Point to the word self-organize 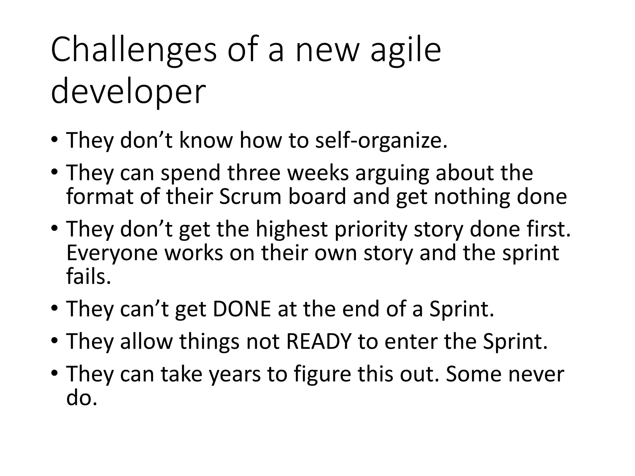click(x=381, y=140)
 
